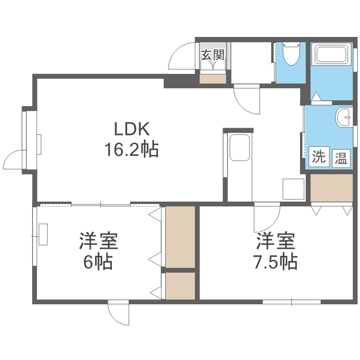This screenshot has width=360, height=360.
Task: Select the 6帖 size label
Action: point(98,262)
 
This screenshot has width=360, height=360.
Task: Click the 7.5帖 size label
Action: point(275,262)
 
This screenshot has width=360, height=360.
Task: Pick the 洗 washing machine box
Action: point(319,157)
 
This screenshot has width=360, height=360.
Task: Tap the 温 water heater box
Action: point(341,157)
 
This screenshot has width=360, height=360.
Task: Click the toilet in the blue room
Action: point(291,55)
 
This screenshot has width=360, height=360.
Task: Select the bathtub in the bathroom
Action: point(332,55)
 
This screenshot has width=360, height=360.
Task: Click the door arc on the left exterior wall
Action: point(13,159)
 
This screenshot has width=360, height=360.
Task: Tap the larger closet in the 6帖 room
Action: point(180,237)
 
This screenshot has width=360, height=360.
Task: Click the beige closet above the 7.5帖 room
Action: point(332,188)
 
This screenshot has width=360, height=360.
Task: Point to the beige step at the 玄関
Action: point(213,78)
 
